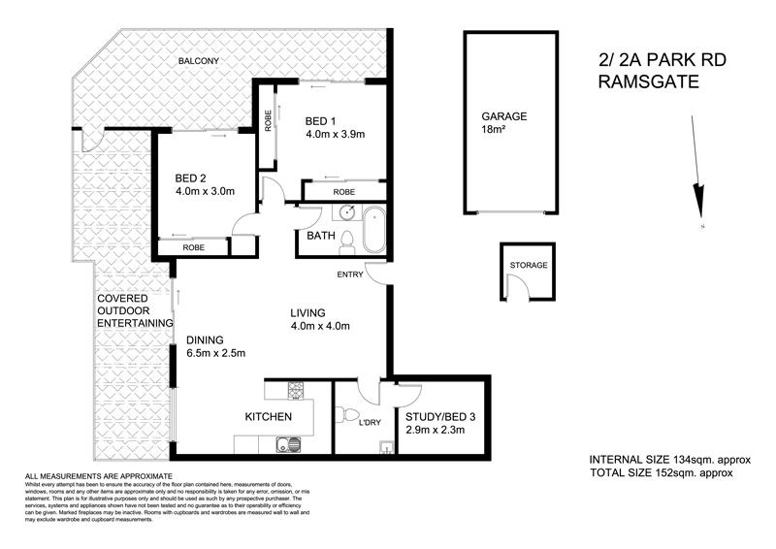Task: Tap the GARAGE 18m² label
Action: point(503,122)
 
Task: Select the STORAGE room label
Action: point(529,265)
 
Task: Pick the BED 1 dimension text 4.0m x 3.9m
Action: point(335,135)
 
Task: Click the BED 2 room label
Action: point(191,178)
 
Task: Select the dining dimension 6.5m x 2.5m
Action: point(216,353)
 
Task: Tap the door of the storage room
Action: point(523,287)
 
